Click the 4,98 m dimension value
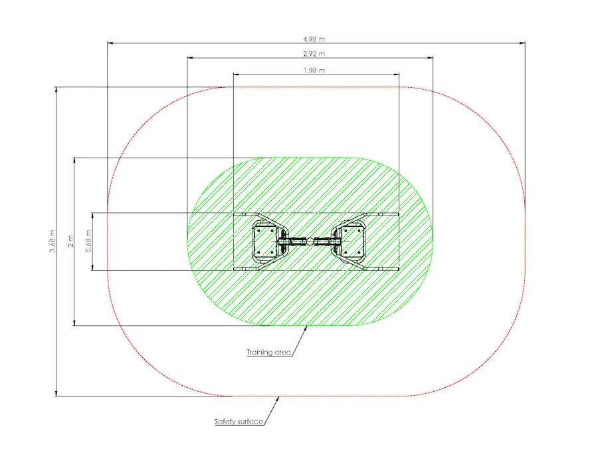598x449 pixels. click(x=314, y=39)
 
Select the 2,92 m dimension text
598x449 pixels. click(x=314, y=54)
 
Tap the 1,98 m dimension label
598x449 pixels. click(x=314, y=71)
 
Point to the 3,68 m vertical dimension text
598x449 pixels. click(x=52, y=241)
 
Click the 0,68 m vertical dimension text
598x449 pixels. click(x=88, y=241)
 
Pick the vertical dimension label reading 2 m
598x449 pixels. click(x=70, y=241)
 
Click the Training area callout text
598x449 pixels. click(x=268, y=352)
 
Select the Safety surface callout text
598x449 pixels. click(x=239, y=422)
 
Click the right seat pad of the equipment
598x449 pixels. click(x=353, y=241)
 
